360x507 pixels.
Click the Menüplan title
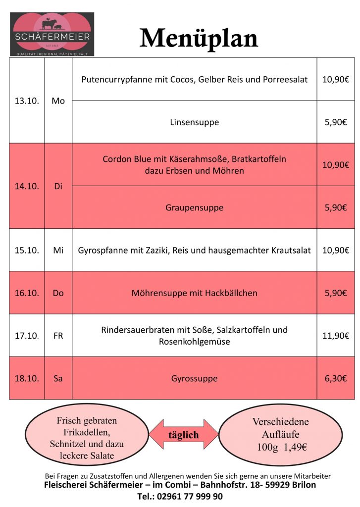[x=199, y=38]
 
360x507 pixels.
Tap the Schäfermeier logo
[x=52, y=34]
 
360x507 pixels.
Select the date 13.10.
[x=27, y=101]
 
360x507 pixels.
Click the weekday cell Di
[x=58, y=187]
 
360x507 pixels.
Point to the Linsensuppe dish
[x=194, y=122]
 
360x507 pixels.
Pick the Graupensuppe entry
[x=194, y=207]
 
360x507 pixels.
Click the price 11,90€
[x=335, y=336]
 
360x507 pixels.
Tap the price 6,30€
[x=335, y=378]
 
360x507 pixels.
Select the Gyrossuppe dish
[x=194, y=378]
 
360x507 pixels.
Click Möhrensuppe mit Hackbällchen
[x=194, y=293]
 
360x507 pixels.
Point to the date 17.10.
[x=27, y=336]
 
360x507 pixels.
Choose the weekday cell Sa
[x=58, y=378]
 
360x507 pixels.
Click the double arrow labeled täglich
[x=183, y=435]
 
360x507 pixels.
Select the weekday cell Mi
[x=58, y=251]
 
